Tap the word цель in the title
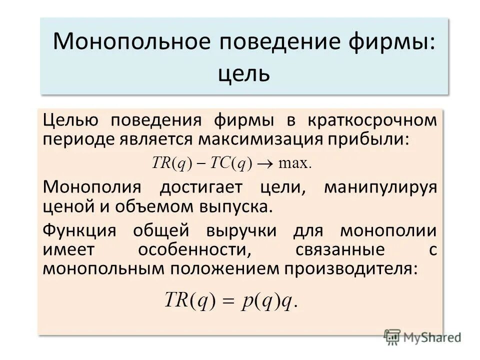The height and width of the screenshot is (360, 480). (x=244, y=73)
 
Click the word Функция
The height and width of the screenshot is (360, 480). (x=79, y=231)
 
